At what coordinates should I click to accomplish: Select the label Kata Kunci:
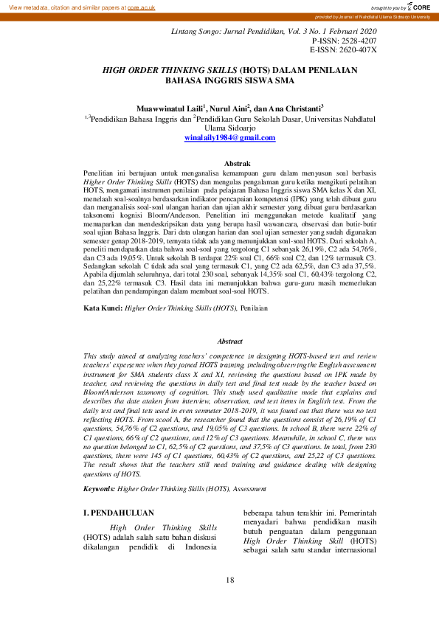coord(103,307)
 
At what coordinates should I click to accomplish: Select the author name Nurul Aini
coord(228,108)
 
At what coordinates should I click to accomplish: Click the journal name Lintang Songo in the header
coord(196,33)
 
